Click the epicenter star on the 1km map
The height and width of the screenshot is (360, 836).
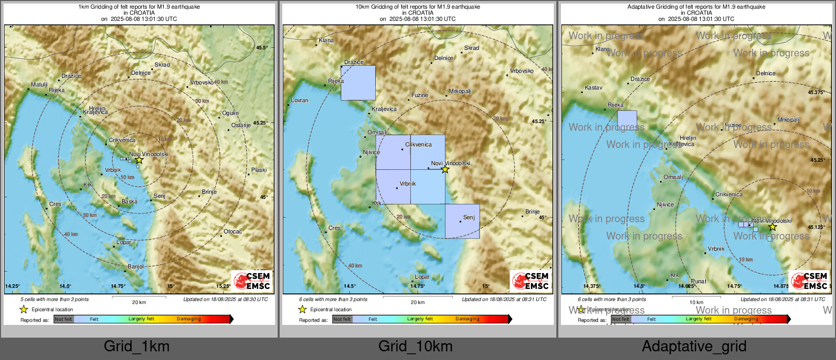coord(138,160)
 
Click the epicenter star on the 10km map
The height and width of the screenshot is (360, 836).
coord(445,169)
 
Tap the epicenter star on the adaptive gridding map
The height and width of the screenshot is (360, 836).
coord(772,227)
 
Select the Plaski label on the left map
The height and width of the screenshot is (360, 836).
coord(258,170)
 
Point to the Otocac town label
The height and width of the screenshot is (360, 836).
coord(233,232)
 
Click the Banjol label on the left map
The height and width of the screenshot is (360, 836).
coord(136,266)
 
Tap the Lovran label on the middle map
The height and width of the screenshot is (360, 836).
coord(300,101)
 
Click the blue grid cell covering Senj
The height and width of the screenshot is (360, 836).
coord(462,221)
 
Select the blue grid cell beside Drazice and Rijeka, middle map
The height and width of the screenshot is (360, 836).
coord(358,83)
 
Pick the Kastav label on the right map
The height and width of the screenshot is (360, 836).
coord(593,88)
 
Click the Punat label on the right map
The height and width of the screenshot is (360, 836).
coord(699,282)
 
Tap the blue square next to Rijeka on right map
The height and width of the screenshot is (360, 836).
coord(627,120)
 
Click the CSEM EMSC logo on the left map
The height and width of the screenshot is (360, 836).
coord(253,281)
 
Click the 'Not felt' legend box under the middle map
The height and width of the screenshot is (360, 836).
coord(342,319)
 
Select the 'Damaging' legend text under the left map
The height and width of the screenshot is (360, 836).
coord(189,319)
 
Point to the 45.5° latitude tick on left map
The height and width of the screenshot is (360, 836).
coord(261,48)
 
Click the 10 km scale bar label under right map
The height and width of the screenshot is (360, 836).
coord(696,303)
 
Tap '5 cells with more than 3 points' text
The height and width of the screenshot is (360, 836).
coord(54,299)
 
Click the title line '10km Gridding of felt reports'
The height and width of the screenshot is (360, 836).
coord(417,7)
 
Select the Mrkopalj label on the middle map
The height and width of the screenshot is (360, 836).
coord(460,92)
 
